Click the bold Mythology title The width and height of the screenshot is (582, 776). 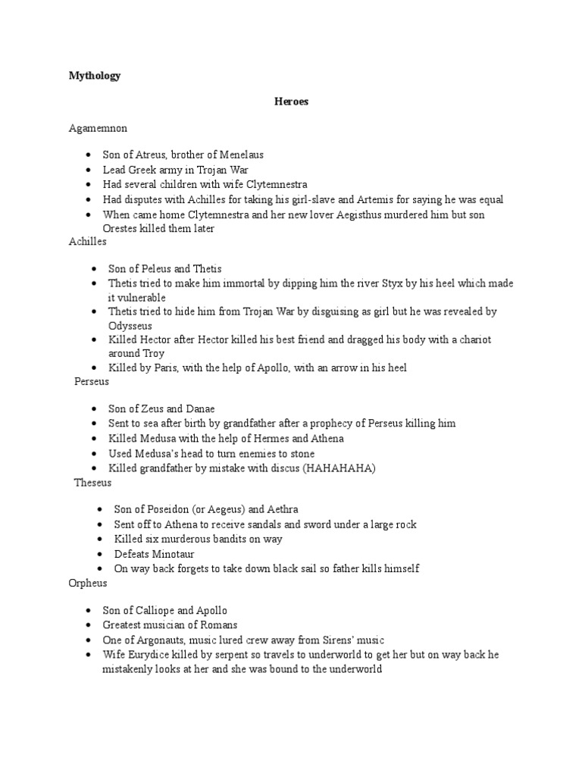click(x=95, y=76)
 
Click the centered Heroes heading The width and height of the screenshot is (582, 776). click(x=291, y=102)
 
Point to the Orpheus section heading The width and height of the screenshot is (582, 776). click(x=88, y=583)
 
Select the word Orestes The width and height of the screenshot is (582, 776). click(x=120, y=228)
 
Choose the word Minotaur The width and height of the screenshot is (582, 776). click(x=174, y=554)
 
